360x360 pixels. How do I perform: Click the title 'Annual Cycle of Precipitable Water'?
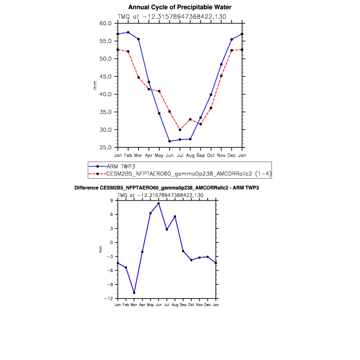[180, 7]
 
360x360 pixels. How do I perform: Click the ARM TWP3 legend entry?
[112, 166]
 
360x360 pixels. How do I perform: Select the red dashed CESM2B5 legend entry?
[180, 174]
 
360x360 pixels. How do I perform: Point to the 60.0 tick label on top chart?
[106, 23]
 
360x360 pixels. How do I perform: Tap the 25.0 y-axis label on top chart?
[106, 147]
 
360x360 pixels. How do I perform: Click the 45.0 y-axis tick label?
[106, 76]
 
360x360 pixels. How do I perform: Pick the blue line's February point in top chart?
[128, 33]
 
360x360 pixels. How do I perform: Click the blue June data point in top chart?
[170, 141]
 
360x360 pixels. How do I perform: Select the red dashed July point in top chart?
[180, 130]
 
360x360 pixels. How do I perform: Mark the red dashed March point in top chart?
[139, 78]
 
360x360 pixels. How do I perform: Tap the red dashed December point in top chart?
[231, 50]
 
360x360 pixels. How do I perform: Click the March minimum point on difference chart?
[134, 293]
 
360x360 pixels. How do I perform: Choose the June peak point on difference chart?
[158, 203]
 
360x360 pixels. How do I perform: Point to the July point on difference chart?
[167, 229]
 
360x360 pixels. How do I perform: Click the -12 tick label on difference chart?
[109, 299]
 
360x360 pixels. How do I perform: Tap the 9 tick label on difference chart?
[111, 201]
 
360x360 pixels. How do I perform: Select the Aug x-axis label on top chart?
[190, 155]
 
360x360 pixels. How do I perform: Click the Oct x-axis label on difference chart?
[191, 305]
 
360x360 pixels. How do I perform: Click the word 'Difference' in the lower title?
[86, 188]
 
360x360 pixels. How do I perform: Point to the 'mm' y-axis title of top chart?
[95, 85]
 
